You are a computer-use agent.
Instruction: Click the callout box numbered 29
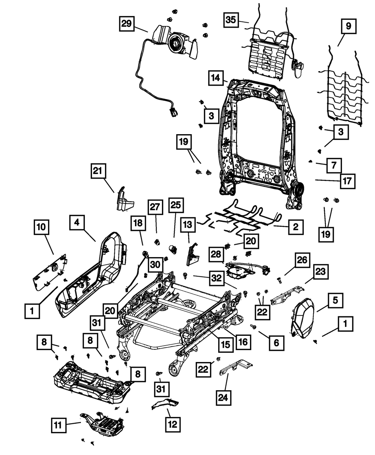click(127, 24)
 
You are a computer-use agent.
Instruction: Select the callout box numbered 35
click(231, 19)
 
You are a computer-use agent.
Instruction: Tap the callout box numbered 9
click(348, 27)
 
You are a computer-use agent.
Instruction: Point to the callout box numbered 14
click(215, 79)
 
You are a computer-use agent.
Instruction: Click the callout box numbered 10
click(41, 227)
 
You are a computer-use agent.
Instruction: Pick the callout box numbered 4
click(76, 222)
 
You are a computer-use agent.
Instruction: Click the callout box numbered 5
click(335, 300)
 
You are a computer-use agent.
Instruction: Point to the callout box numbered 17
click(347, 181)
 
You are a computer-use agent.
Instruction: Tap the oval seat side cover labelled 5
click(304, 316)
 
